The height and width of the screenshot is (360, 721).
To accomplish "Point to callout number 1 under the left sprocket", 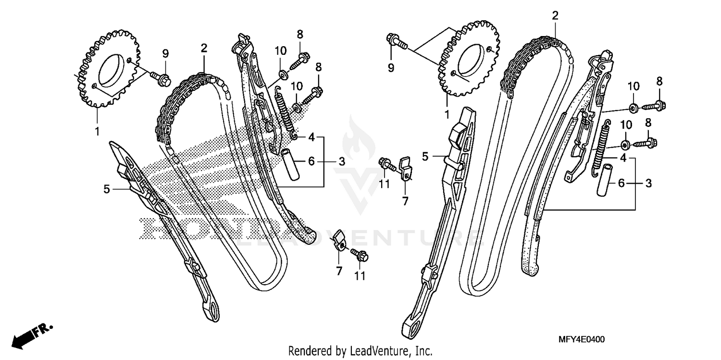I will (x=98, y=130).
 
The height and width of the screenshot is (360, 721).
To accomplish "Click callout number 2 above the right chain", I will (x=555, y=15).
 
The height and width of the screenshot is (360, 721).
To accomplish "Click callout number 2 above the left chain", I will (x=204, y=48).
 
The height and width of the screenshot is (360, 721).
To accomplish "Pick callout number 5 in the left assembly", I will (x=107, y=189).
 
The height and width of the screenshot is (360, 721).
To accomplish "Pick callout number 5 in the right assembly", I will (x=425, y=156).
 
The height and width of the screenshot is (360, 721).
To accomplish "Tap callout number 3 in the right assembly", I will (x=648, y=183).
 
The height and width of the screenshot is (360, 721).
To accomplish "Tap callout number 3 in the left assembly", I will (x=341, y=161).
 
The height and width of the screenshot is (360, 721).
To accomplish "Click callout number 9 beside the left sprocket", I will (x=165, y=53).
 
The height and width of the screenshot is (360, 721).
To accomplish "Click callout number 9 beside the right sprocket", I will (x=391, y=68).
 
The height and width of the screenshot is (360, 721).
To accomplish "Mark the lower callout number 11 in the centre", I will (x=360, y=276).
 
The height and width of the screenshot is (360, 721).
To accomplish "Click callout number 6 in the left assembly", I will (x=311, y=161).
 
